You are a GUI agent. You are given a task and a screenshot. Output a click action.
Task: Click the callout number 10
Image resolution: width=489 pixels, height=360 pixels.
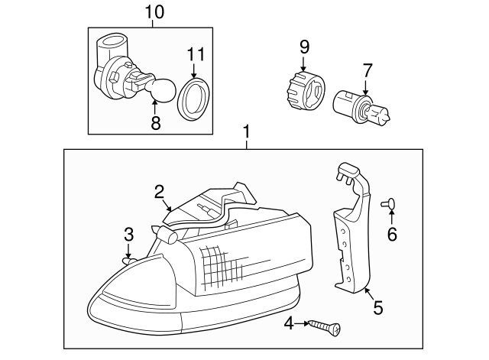[154, 12]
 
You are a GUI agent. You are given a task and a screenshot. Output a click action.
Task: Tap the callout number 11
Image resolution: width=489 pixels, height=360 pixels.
[196, 54]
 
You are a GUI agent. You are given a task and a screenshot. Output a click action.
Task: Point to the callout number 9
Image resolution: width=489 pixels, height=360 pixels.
[304, 47]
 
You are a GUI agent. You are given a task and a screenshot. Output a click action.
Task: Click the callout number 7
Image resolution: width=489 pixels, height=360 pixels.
[368, 70]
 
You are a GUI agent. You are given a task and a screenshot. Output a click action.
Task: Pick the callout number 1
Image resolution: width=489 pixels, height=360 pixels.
[247, 131]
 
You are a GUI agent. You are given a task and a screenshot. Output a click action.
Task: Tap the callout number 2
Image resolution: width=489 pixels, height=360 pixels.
[159, 192]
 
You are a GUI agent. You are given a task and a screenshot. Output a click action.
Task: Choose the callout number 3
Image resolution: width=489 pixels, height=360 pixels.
[129, 235]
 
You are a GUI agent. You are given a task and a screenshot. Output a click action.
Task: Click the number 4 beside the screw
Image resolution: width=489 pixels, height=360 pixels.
[289, 323]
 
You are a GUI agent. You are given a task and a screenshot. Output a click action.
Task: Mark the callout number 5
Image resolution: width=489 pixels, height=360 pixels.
[378, 308]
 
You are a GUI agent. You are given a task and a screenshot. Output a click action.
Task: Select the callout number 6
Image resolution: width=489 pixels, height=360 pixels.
[392, 234]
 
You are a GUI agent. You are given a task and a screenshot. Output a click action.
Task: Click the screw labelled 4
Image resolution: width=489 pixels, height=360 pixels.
[324, 328]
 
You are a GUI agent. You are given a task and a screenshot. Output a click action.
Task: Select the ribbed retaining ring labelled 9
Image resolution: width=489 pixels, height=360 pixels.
[305, 92]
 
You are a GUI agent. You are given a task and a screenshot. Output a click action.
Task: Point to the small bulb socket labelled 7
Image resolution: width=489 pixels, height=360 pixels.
[361, 108]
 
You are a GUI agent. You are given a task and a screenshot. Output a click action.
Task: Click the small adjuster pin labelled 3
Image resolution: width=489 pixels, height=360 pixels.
[129, 261]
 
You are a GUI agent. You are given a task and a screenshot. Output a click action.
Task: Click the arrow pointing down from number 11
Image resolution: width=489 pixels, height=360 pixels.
[193, 71]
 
